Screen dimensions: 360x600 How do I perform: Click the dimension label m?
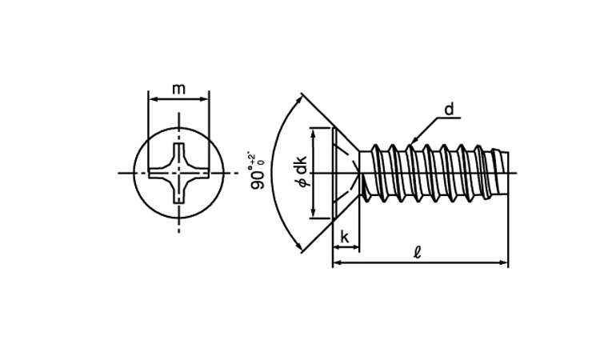(178, 89)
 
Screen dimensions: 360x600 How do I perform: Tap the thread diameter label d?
(449, 110)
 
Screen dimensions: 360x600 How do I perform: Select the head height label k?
(345, 236)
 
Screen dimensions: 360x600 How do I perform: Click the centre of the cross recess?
(178, 173)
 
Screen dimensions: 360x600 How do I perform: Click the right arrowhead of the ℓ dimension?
(505, 262)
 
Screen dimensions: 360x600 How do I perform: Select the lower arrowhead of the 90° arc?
(302, 250)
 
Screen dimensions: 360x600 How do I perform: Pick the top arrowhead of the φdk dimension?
(312, 131)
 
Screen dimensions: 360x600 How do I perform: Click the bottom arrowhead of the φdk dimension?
(312, 214)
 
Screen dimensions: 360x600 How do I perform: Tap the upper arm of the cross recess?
(178, 151)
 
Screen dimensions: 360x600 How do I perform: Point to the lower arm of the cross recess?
(178, 194)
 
